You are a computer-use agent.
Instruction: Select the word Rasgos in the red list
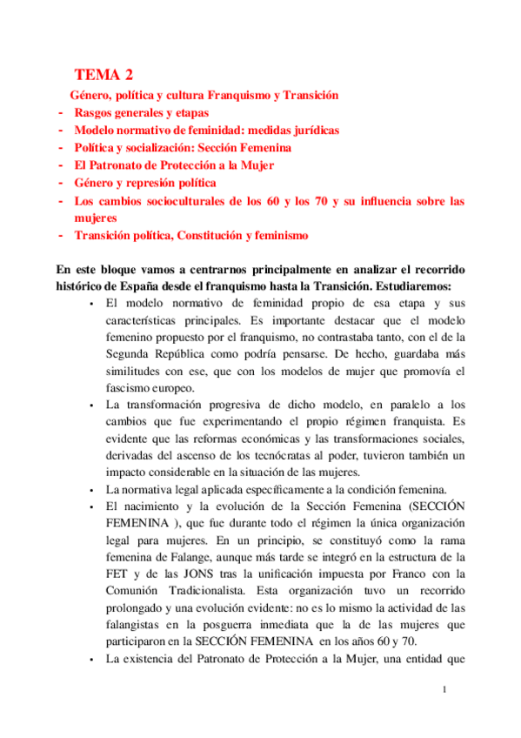pyautogui.click(x=93, y=113)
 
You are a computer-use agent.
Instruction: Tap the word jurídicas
pyautogui.click(x=311, y=130)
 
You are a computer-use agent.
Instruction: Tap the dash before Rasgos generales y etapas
pyautogui.click(x=59, y=113)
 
